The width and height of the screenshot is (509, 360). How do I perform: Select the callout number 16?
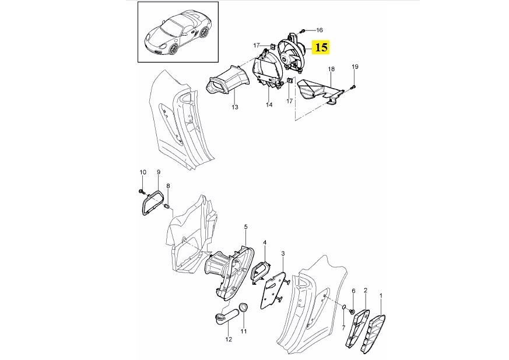point(319,29)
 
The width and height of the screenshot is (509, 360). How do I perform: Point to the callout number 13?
point(235,107)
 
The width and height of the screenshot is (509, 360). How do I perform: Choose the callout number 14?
point(269,105)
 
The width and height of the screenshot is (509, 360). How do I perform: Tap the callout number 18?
point(331,69)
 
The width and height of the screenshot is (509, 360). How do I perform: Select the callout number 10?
point(142,172)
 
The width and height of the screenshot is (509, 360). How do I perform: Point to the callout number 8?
point(168,186)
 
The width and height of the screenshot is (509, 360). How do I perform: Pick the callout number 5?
point(245,226)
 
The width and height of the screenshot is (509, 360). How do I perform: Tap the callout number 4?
point(265,242)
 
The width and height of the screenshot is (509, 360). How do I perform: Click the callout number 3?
point(283,253)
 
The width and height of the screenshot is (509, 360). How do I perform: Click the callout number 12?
point(229,339)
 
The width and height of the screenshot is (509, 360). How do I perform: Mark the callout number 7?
point(343,323)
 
